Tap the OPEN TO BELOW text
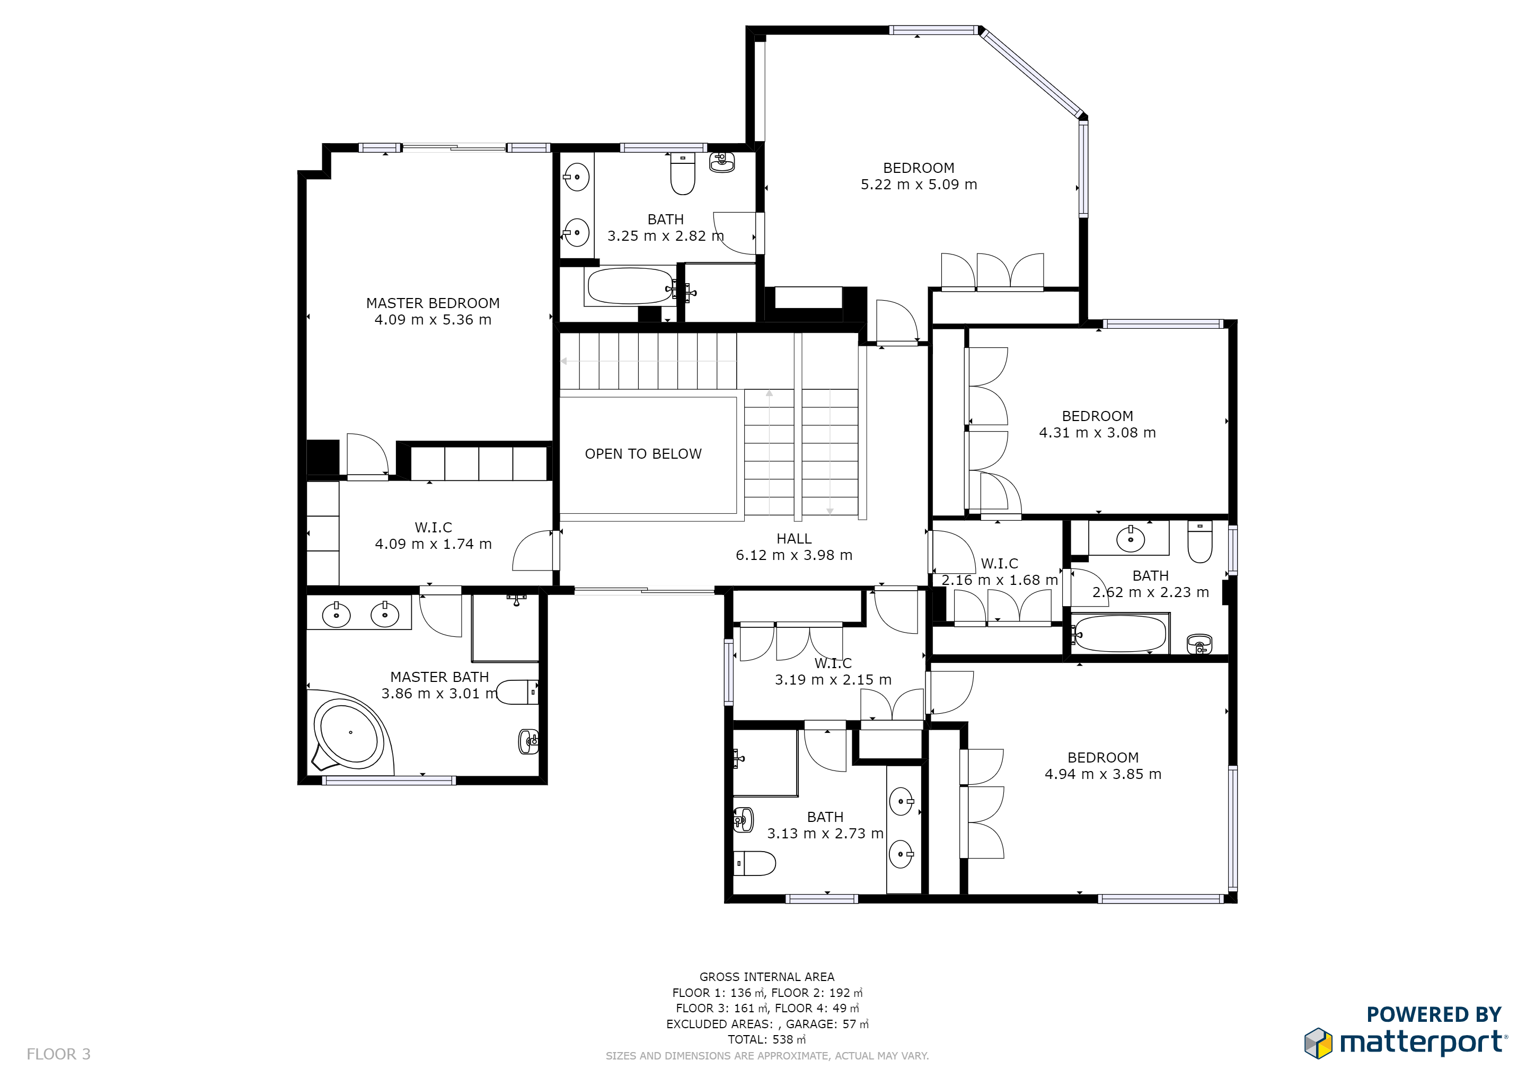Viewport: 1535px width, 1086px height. pyautogui.click(x=642, y=454)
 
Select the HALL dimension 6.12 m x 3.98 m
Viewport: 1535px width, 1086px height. pyautogui.click(x=793, y=555)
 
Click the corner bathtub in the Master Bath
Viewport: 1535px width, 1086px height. pyautogui.click(x=349, y=733)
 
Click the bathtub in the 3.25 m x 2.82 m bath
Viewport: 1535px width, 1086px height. pyautogui.click(x=630, y=286)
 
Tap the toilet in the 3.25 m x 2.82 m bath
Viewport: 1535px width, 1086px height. pyautogui.click(x=682, y=173)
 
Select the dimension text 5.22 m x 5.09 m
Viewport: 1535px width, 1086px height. pyautogui.click(x=918, y=185)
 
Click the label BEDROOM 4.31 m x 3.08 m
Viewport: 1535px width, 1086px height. pyautogui.click(x=1097, y=424)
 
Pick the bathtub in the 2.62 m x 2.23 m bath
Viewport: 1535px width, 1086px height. pyautogui.click(x=1120, y=633)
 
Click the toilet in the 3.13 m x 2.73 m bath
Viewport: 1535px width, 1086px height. pyautogui.click(x=755, y=863)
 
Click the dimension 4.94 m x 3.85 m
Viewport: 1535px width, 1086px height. pyautogui.click(x=1102, y=774)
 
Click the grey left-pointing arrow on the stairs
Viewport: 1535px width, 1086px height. pyautogui.click(x=563, y=361)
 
